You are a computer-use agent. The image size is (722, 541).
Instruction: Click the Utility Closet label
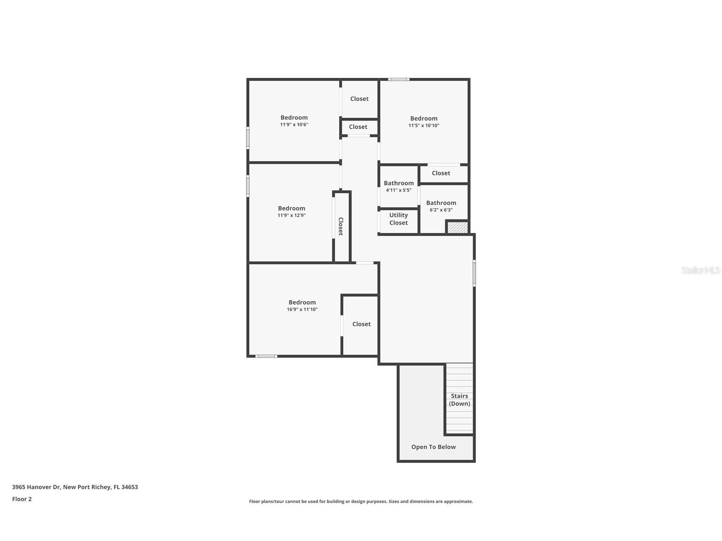[398, 219]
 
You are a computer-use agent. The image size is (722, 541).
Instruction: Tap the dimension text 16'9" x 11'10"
[302, 310]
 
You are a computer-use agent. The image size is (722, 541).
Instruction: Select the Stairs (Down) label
[459, 400]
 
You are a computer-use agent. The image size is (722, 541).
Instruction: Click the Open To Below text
[433, 447]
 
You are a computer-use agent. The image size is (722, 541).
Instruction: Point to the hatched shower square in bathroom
[457, 228]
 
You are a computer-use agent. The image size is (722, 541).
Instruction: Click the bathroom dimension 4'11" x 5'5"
[399, 191]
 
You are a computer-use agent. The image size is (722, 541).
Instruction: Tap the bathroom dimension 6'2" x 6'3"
[441, 210]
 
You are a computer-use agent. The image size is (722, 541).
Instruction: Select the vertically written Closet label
[341, 226]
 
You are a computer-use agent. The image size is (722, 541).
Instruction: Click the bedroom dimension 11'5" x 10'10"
[424, 125]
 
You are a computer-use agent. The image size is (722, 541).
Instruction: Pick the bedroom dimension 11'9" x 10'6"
[294, 125]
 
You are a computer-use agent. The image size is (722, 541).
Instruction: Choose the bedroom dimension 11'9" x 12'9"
[291, 216]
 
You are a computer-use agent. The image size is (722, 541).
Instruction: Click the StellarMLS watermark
[700, 270]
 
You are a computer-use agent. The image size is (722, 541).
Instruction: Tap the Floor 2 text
[22, 499]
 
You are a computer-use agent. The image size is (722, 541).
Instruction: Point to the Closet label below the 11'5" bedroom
[441, 173]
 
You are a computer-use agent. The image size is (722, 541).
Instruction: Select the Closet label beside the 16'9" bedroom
[361, 324]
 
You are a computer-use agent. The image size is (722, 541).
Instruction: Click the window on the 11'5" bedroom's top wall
[399, 80]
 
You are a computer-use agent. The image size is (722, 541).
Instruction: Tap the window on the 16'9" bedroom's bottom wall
[266, 356]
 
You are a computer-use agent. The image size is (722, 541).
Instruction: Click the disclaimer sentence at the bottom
[361, 502]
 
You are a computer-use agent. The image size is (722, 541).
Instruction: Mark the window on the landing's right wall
[474, 273]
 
